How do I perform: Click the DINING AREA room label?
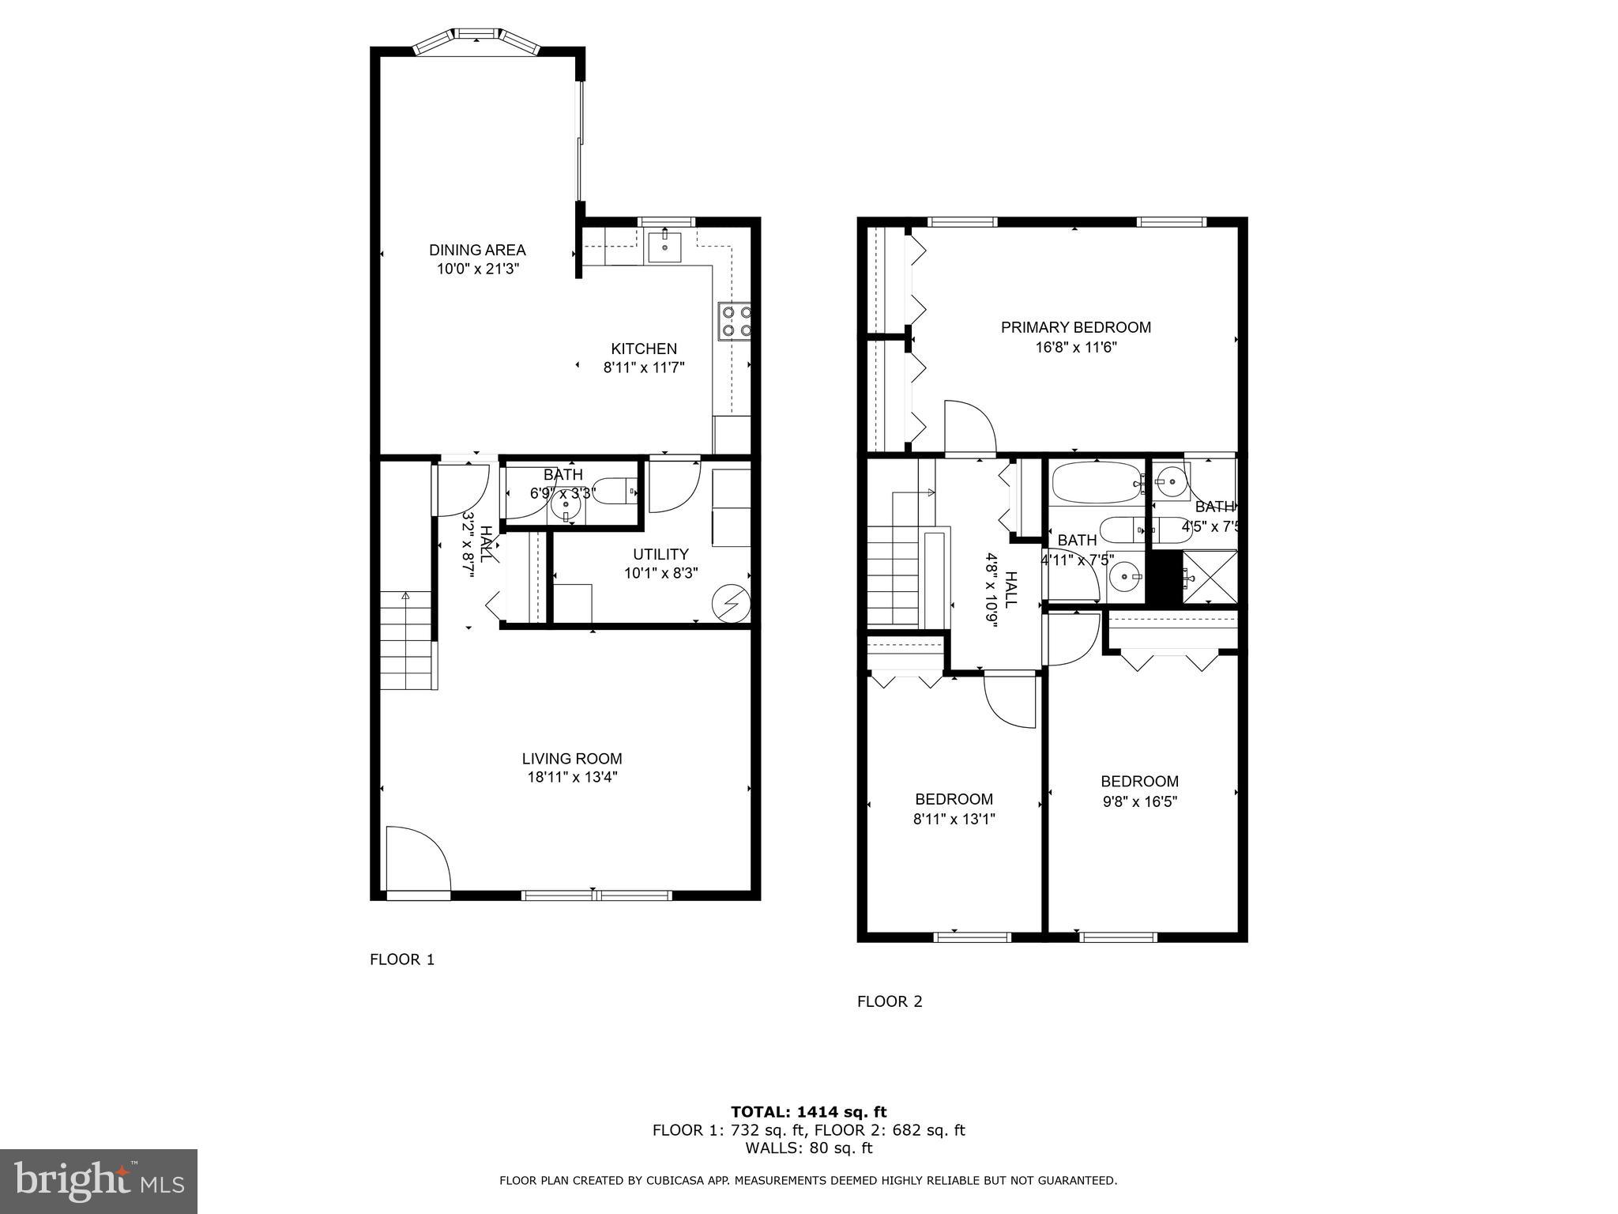(476, 250)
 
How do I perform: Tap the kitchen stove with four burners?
(734, 321)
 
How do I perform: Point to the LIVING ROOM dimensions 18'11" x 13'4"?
(572, 777)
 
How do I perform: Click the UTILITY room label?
(660, 554)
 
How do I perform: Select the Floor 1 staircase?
(408, 640)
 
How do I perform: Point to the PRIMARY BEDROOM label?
(1075, 327)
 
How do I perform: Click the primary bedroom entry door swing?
(969, 427)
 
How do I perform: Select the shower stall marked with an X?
(1209, 577)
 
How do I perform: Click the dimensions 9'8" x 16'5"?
(1139, 801)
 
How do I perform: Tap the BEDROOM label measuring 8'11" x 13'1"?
(954, 799)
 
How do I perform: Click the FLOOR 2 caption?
(890, 1001)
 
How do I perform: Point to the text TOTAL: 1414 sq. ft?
(808, 1112)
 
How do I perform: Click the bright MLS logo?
(99, 1181)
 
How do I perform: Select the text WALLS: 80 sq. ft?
(808, 1148)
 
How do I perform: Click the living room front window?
(596, 895)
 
